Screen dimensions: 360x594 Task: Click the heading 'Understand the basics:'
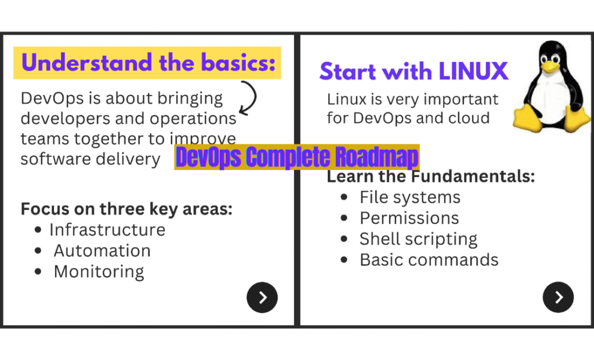[x=148, y=63]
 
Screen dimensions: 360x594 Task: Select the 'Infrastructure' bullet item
[x=107, y=230]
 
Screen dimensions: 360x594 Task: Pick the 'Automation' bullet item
[x=102, y=250]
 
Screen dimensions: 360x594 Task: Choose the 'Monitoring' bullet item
[x=99, y=271]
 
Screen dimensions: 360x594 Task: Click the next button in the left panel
[x=262, y=297]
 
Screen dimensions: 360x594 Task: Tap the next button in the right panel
[x=558, y=297]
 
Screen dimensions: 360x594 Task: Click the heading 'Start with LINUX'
[x=414, y=71]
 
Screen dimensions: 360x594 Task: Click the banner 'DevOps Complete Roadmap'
[x=297, y=157]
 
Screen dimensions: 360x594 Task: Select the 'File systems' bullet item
[x=410, y=197]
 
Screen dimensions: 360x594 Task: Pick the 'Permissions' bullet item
[x=409, y=218]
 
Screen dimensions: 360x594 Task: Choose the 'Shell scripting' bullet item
[x=418, y=239]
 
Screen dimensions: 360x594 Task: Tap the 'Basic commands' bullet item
[x=429, y=260]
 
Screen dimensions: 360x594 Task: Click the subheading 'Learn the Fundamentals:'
[x=430, y=176]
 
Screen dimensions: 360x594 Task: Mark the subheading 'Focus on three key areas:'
[x=126, y=209]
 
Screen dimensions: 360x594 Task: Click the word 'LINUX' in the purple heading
[x=473, y=71]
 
